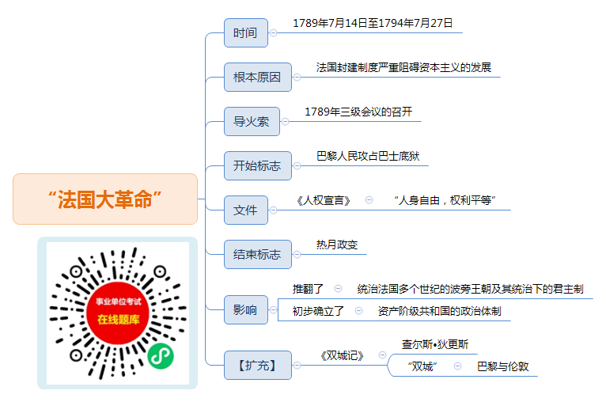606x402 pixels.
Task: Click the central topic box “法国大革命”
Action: pos(105,199)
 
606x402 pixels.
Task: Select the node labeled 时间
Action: pos(246,33)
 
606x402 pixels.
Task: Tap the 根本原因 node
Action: pos(257,78)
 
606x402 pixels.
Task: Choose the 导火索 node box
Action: pos(252,121)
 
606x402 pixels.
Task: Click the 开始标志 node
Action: pos(257,166)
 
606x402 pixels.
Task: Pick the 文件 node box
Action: pos(246,210)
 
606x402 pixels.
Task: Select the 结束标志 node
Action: pos(257,254)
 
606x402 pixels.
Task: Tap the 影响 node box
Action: pos(246,309)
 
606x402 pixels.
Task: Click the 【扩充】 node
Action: pos(257,366)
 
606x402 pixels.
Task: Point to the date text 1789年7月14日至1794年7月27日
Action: pos(373,23)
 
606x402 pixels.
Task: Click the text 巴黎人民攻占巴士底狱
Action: pos(368,156)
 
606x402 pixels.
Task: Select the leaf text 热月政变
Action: pos(337,245)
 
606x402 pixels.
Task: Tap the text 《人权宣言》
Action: pos(323,201)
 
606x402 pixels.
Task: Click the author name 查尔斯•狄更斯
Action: pos(435,344)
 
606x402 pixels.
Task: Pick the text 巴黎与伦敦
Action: pos(503,366)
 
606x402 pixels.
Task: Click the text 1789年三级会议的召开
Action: pos(358,112)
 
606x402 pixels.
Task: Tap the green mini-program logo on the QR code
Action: pos(161,355)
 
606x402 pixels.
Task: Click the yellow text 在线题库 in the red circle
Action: pos(118,319)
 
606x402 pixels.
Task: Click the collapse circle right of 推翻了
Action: pos(338,288)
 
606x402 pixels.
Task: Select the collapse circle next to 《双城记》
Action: pos(382,355)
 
